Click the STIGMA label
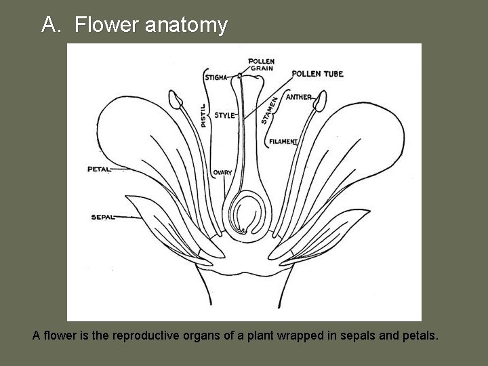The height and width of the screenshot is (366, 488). (x=216, y=77)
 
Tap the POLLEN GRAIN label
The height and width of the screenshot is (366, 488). (x=262, y=64)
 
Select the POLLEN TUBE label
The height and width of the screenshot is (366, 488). (x=317, y=73)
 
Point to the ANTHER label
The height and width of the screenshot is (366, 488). (x=298, y=97)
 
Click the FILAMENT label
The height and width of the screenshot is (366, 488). (x=283, y=142)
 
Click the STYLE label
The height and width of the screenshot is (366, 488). (x=224, y=115)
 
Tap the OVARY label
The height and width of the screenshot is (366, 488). (x=222, y=173)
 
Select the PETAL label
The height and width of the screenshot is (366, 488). (x=99, y=169)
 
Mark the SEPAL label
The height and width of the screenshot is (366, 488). (x=102, y=217)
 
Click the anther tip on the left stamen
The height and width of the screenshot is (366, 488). (x=176, y=100)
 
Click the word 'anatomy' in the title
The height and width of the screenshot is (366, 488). (x=184, y=25)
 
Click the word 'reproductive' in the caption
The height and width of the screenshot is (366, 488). (x=148, y=335)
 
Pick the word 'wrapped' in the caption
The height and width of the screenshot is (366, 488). (x=311, y=335)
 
